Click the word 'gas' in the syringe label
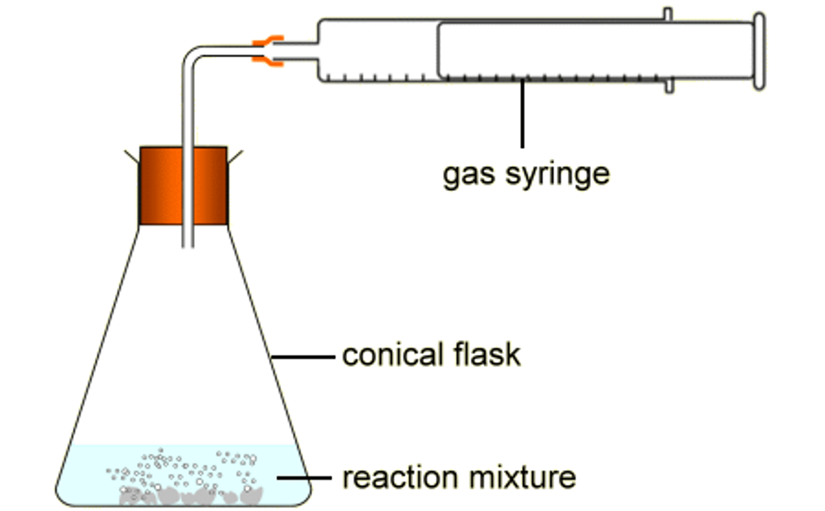tap(469, 174)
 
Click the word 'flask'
tap(487, 355)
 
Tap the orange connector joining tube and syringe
tap(268, 50)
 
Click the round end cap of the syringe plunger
tap(759, 51)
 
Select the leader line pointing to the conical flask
tap(302, 357)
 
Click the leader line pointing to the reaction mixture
tap(304, 477)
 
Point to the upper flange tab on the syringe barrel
tap(668, 14)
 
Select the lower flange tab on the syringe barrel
tap(669, 87)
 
